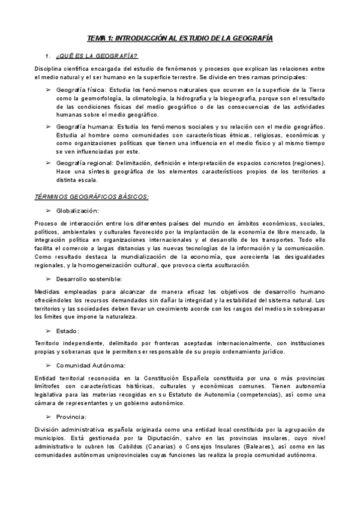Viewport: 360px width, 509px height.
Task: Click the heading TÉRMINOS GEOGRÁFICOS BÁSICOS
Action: [x=91, y=197]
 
